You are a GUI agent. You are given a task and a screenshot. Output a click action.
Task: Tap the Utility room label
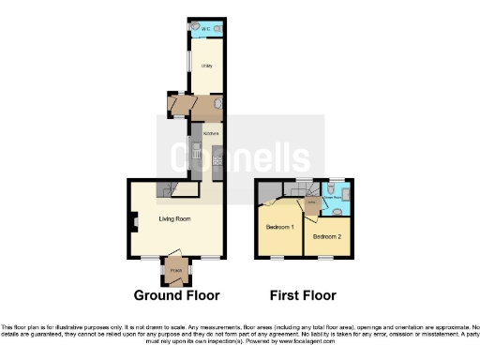coord(205,67)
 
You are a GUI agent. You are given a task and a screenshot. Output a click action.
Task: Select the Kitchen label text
coord(211,134)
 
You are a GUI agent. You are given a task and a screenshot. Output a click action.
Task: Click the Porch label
coord(175,270)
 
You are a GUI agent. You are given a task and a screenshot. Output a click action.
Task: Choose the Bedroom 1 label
coord(279,228)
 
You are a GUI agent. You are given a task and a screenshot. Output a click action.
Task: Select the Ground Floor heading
coord(176,295)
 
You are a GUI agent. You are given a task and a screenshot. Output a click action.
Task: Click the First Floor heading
coord(303,295)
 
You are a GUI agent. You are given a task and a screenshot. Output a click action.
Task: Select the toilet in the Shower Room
coord(345,194)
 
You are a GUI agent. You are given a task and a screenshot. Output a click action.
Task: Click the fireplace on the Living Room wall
coord(134,222)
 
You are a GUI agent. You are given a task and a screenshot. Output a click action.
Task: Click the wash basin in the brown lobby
coord(218,105)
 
